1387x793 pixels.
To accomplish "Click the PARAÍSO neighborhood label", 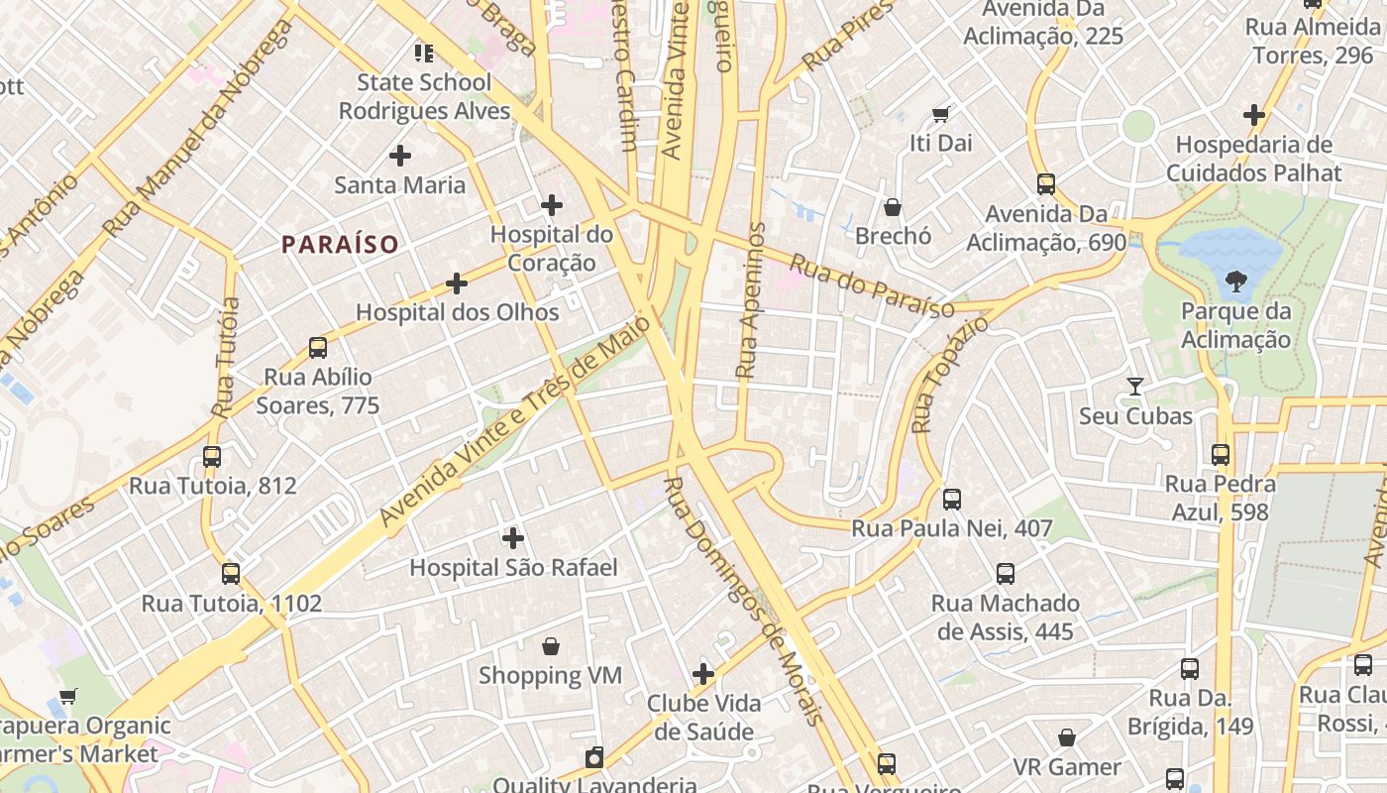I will [x=340, y=244].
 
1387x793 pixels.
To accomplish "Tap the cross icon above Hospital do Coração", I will [x=552, y=205].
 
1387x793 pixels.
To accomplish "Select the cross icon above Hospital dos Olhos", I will [x=457, y=283].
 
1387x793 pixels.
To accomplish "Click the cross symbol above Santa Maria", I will [x=400, y=156].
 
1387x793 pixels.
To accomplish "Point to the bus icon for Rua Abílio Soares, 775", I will [x=317, y=348].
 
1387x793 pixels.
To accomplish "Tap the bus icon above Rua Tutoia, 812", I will [x=212, y=457].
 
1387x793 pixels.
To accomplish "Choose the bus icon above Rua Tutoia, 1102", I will [x=231, y=574].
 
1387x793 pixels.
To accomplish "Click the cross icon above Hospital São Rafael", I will [x=513, y=538].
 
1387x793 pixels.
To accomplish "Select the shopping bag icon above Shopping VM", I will [x=551, y=646].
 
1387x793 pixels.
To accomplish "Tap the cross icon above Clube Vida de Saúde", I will [x=703, y=675].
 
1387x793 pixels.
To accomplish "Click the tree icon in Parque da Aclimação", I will [x=1235, y=283].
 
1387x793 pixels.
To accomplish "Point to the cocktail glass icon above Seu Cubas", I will [x=1135, y=387].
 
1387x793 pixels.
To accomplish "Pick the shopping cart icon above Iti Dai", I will [x=940, y=114].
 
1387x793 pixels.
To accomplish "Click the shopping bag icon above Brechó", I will [x=893, y=207].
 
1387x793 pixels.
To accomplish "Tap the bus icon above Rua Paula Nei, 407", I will [x=952, y=500].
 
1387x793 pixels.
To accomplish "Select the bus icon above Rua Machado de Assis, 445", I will [x=1006, y=574].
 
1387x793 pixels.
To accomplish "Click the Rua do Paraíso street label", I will [x=872, y=287].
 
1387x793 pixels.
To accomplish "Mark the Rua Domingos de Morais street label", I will [x=743, y=601].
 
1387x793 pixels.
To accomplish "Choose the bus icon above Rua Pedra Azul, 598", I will [x=1221, y=455].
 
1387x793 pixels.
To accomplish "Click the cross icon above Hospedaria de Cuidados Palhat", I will [x=1254, y=115].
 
